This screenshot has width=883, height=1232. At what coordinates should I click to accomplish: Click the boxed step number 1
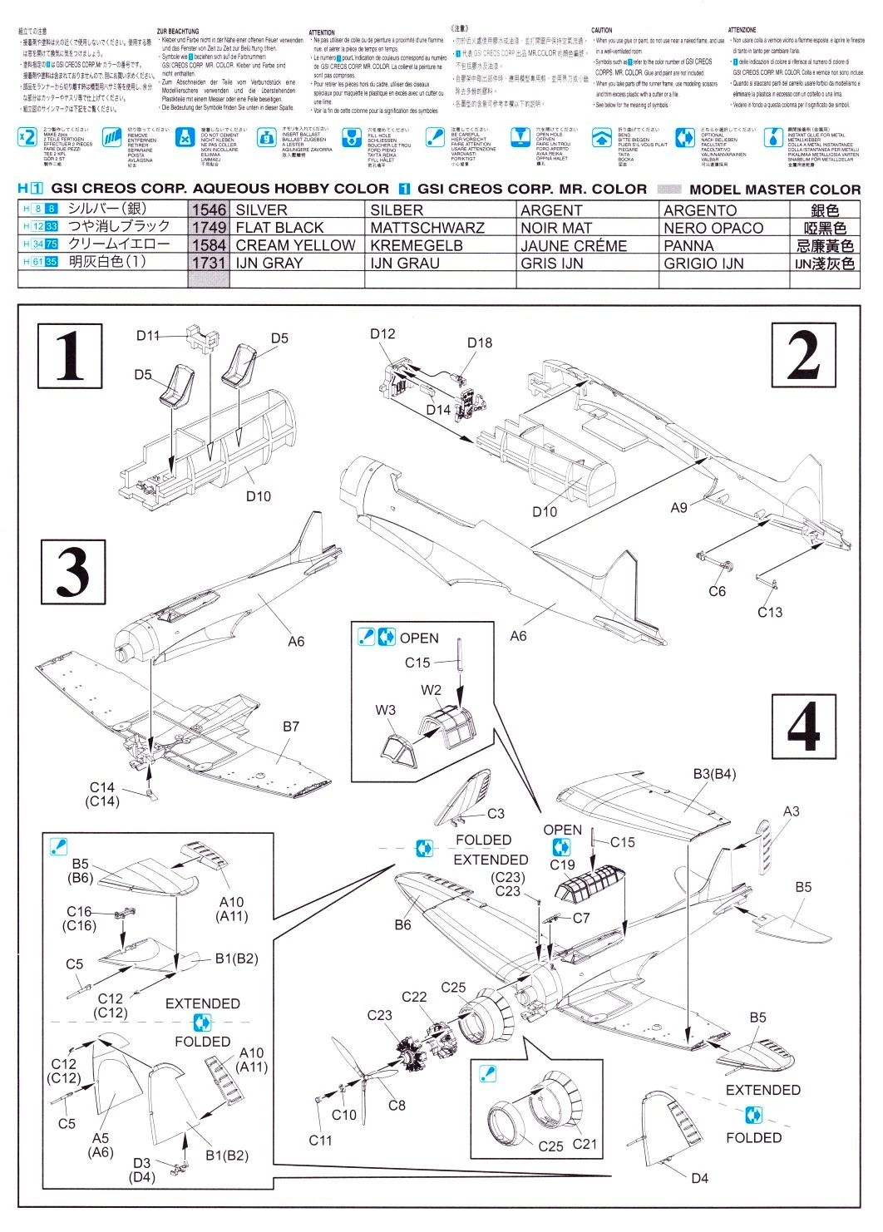coord(70,356)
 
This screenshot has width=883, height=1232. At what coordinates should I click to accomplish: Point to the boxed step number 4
coord(804,724)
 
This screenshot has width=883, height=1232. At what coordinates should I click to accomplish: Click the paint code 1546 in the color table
coord(208,210)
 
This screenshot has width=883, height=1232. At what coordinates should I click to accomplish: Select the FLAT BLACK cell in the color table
coord(279,228)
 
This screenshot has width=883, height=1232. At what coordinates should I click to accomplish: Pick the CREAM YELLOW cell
coord(295,245)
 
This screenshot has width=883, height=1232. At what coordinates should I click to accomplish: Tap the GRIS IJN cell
coord(552,264)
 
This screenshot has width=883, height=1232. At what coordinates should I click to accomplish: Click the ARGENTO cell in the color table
coord(700,210)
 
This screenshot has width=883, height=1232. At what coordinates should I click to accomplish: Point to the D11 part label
coord(148,335)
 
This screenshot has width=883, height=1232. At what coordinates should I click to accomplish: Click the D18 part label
coord(480,342)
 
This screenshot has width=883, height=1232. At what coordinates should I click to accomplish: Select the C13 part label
coord(770,613)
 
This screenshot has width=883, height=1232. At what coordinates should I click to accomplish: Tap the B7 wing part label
coord(290,727)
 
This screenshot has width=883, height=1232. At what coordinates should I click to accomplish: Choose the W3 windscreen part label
coord(386,710)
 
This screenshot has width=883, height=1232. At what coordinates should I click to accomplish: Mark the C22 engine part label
coord(414,997)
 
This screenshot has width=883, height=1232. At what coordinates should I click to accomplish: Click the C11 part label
coord(320,1141)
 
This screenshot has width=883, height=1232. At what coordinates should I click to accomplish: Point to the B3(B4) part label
coord(714,774)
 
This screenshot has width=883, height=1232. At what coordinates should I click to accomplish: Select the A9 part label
coord(678,507)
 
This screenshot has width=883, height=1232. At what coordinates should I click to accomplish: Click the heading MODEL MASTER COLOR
coord(775,190)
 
